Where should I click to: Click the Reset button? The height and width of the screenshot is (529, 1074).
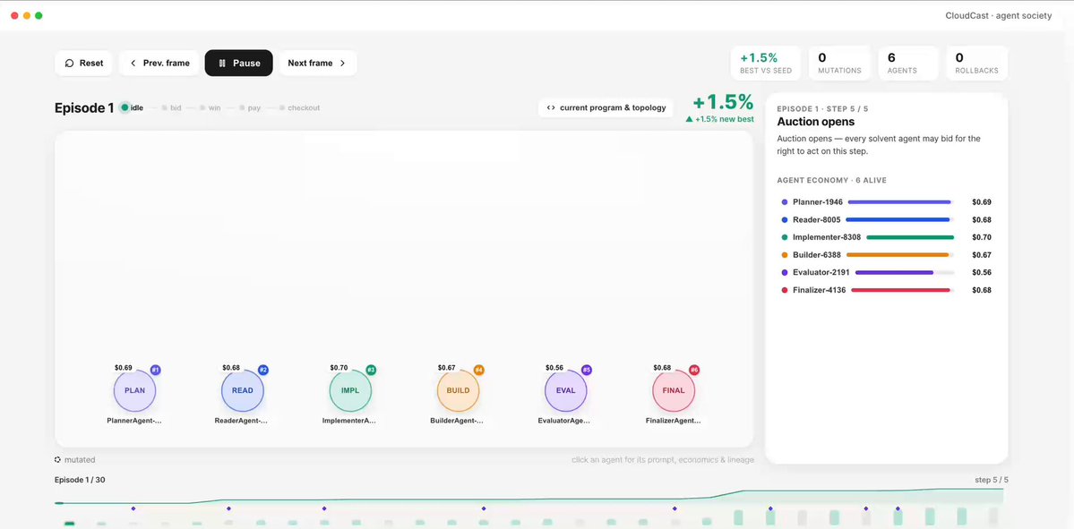[84, 63]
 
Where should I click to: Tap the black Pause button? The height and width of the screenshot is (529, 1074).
[239, 63]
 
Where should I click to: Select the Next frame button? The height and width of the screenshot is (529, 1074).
[317, 63]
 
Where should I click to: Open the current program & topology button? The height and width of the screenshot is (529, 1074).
[606, 107]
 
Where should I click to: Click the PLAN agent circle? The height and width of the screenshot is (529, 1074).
[135, 391]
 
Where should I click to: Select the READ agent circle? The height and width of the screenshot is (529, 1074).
[243, 391]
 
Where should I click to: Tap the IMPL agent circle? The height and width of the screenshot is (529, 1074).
[350, 391]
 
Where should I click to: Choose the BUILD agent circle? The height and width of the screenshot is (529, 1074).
[459, 391]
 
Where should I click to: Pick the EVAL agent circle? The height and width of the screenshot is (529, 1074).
[566, 391]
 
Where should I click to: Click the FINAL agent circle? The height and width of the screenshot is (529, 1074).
[674, 391]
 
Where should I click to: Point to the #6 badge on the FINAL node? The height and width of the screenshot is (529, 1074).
[694, 371]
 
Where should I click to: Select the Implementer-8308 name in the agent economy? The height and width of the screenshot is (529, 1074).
[827, 237]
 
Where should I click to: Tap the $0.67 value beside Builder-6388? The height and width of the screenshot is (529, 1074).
[982, 255]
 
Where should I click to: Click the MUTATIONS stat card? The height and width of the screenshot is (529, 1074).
[839, 63]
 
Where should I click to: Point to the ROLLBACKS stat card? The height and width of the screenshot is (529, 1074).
[976, 63]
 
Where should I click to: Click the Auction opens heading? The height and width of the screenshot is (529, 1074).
[816, 122]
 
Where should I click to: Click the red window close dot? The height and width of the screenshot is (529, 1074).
[15, 15]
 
